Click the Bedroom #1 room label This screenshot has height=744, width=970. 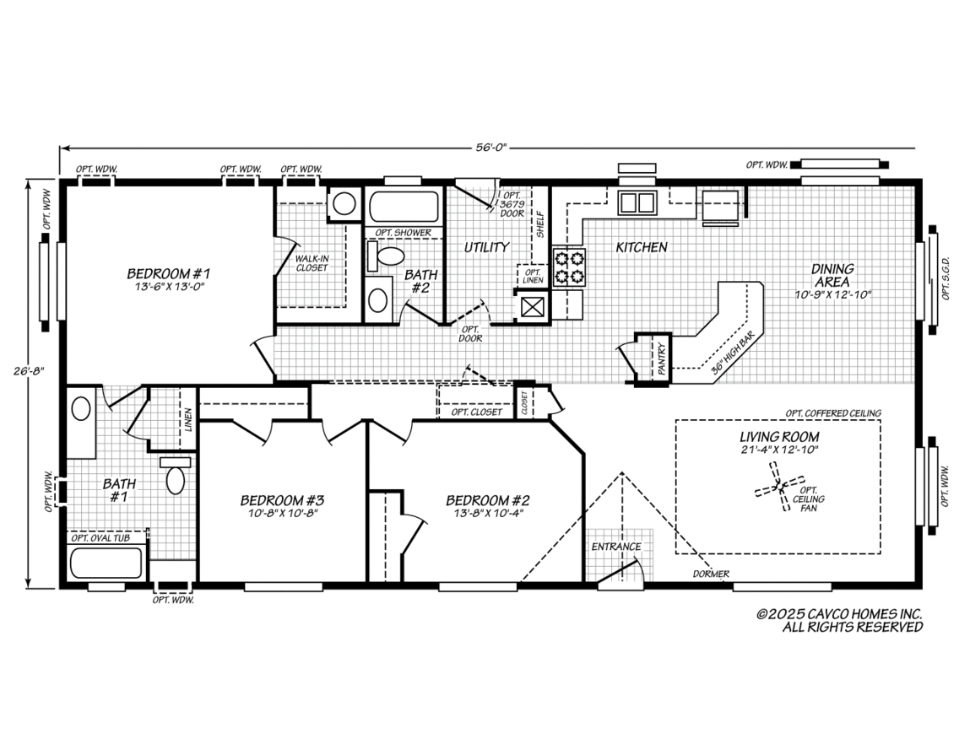(x=167, y=273)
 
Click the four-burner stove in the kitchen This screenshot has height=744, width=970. (x=567, y=267)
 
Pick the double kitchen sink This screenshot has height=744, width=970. (x=637, y=202)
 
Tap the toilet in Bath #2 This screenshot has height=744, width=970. (x=390, y=256)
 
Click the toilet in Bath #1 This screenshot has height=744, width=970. (x=175, y=477)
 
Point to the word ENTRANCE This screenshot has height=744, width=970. (x=615, y=547)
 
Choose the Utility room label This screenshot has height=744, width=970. (x=487, y=247)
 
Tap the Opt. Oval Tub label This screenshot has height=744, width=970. (x=106, y=537)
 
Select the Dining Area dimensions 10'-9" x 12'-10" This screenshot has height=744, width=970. (x=832, y=294)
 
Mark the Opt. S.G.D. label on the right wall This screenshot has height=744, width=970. (x=946, y=279)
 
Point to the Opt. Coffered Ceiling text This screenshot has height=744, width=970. (x=832, y=413)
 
